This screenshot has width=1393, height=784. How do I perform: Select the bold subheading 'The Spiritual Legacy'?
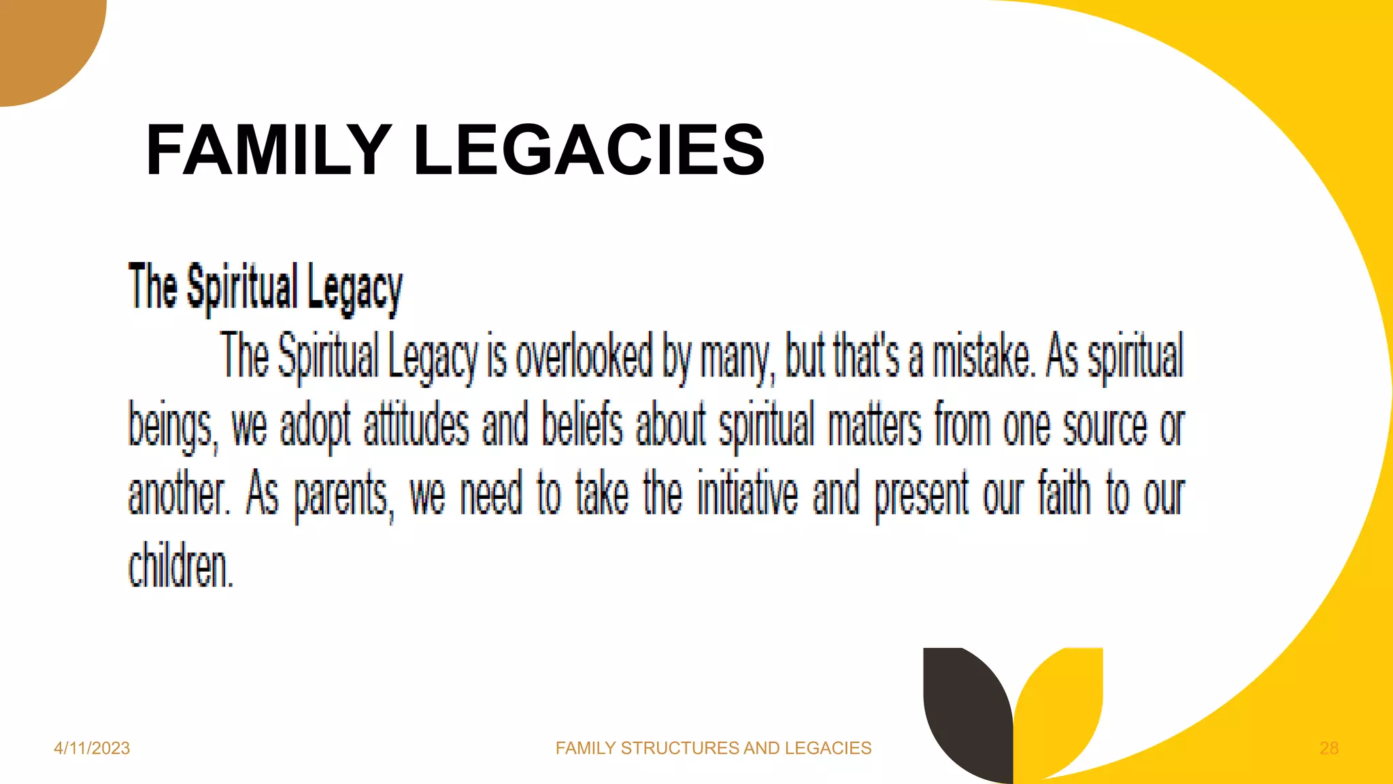click(x=265, y=288)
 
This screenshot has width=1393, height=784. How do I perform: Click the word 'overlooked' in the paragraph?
click(x=584, y=356)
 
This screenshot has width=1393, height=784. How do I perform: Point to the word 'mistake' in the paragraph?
click(x=982, y=356)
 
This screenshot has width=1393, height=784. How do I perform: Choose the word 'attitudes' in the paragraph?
click(x=416, y=425)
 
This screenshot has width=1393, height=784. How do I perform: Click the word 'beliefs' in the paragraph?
click(x=582, y=425)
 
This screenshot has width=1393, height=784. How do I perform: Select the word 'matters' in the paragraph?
click(x=875, y=425)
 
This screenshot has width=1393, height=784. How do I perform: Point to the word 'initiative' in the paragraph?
click(x=748, y=493)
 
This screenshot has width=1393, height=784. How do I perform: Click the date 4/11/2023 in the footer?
click(x=92, y=748)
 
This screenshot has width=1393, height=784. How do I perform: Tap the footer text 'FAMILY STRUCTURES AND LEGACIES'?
click(x=713, y=748)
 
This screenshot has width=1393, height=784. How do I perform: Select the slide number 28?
click(x=1328, y=748)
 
